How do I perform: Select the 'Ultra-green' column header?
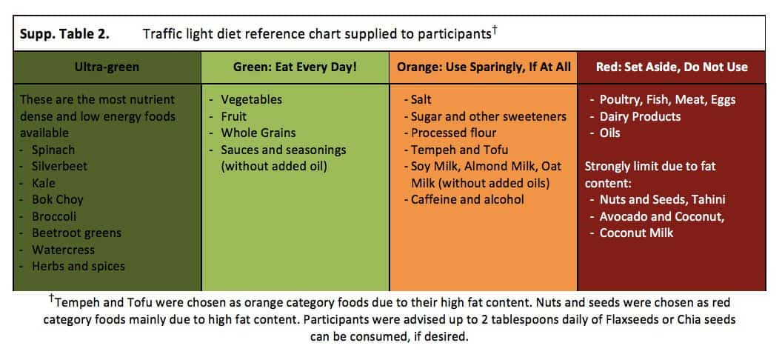[107, 67]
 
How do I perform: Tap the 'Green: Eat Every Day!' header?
[295, 67]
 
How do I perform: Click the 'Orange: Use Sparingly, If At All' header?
[484, 67]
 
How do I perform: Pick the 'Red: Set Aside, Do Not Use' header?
[672, 67]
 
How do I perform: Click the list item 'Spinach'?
[53, 150]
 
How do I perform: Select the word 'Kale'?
[44, 183]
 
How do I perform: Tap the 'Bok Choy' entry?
[58, 199]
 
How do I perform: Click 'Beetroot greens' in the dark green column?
[76, 233]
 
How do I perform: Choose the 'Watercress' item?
[62, 250]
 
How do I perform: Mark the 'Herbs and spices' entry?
[78, 266]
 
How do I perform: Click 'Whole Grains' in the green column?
[258, 133]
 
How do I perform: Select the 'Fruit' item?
[234, 116]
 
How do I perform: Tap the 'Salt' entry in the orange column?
[421, 99]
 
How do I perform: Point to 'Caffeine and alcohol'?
[467, 199]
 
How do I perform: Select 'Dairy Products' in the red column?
[640, 116]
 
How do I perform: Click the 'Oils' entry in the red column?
[610, 133]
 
